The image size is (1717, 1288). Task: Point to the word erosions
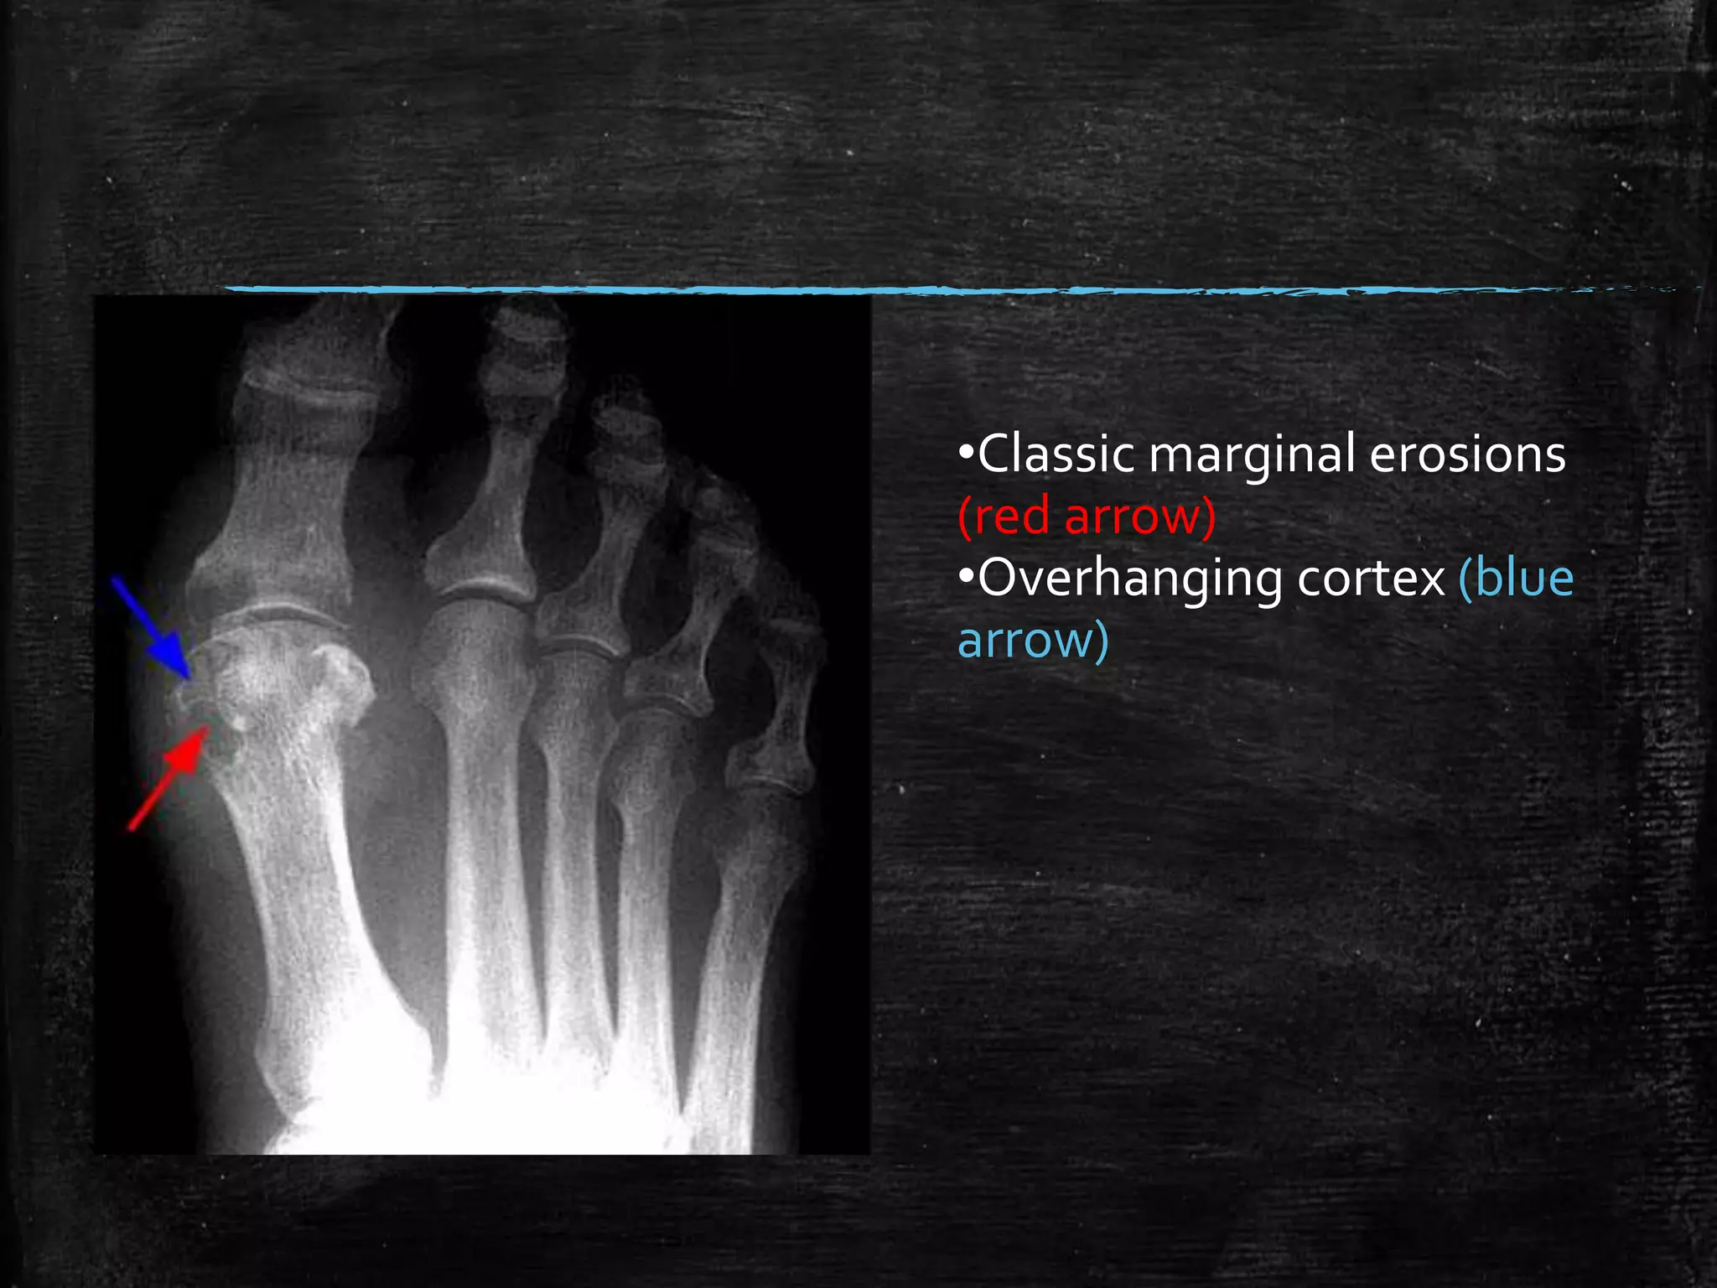point(1467,454)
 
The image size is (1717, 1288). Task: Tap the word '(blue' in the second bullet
point(1516,578)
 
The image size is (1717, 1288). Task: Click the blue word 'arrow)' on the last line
point(1033,640)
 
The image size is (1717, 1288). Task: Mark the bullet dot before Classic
point(967,454)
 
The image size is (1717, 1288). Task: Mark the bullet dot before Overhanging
point(967,578)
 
